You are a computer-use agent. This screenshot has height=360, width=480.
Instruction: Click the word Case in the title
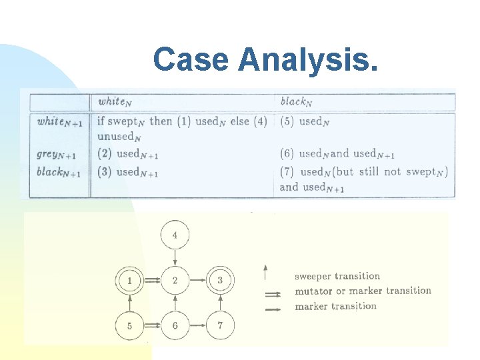(x=191, y=59)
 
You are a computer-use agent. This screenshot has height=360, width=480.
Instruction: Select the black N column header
(x=295, y=101)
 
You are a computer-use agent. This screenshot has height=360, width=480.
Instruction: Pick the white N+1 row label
(x=59, y=121)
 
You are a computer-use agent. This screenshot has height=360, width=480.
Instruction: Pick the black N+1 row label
(x=59, y=172)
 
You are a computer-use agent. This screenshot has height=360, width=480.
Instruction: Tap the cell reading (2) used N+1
(x=128, y=155)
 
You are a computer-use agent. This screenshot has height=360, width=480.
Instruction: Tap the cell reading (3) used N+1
(x=128, y=172)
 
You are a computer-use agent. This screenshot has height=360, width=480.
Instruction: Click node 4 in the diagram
(x=175, y=235)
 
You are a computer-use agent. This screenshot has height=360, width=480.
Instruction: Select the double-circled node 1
(x=129, y=281)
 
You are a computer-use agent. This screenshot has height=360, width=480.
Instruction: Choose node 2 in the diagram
(x=175, y=281)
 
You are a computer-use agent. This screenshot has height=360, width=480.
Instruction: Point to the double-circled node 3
(x=220, y=281)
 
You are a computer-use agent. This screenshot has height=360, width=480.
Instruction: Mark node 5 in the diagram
(x=129, y=326)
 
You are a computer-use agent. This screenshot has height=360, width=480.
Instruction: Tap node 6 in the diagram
(x=175, y=326)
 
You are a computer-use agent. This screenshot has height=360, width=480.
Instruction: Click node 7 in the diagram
(x=220, y=326)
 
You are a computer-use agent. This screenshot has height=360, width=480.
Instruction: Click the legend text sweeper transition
(x=337, y=275)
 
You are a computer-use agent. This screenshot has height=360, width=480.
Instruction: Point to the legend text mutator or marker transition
(x=363, y=291)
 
